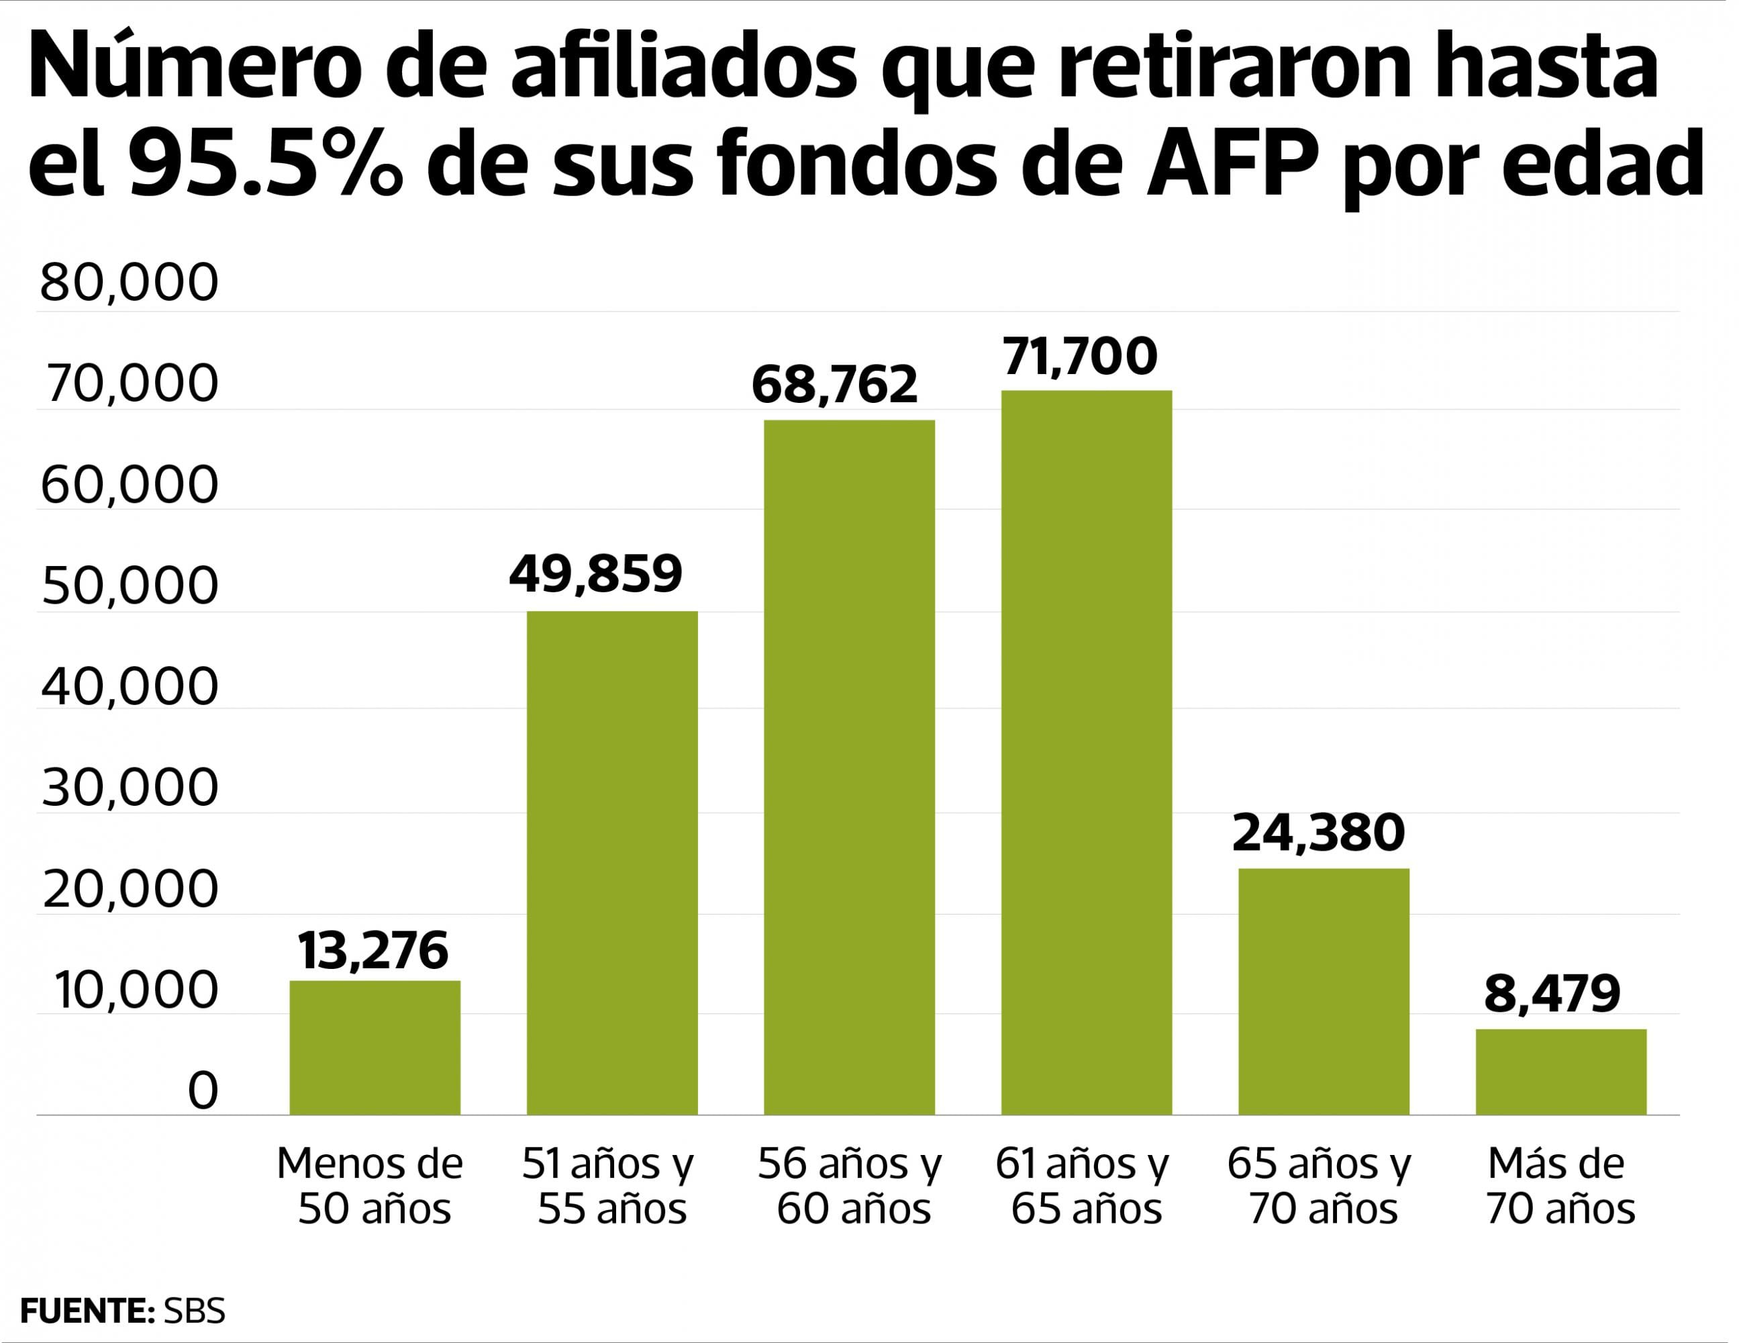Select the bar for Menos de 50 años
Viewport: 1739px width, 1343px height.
click(375, 1048)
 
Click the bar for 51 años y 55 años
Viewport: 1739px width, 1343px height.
click(611, 863)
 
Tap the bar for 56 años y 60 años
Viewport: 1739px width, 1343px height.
click(849, 767)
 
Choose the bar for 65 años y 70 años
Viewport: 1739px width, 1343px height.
click(1324, 991)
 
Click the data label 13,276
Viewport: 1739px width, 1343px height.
click(372, 951)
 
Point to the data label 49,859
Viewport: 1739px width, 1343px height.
click(595, 573)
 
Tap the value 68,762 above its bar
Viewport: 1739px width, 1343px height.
click(834, 385)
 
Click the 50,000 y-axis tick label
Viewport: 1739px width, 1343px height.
click(129, 586)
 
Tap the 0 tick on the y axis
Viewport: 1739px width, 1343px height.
click(202, 1091)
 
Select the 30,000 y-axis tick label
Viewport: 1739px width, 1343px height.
click(129, 788)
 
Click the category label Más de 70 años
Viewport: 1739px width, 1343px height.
click(1559, 1186)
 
